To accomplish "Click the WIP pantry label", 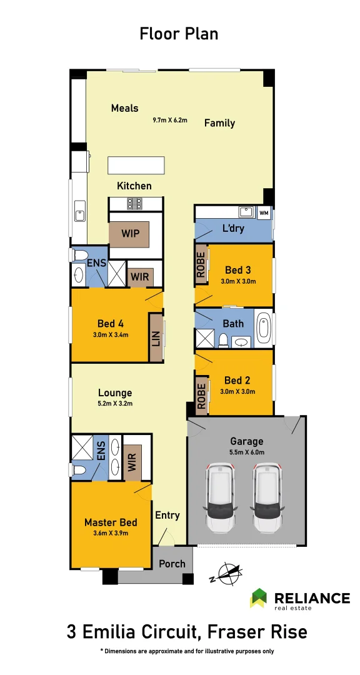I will (130, 234).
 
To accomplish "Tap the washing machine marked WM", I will (264, 212).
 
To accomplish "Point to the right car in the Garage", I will (267, 497).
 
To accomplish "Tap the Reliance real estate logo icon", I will (259, 597).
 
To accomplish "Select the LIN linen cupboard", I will (156, 337).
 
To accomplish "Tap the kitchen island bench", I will (136, 165).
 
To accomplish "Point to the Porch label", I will (172, 564).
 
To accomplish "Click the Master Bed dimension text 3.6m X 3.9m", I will (111, 533).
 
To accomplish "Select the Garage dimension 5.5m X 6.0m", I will (247, 452).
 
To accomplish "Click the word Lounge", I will (115, 392).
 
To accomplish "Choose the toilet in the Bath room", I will (223, 339).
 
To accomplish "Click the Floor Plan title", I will (179, 34).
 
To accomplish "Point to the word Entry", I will (167, 516).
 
